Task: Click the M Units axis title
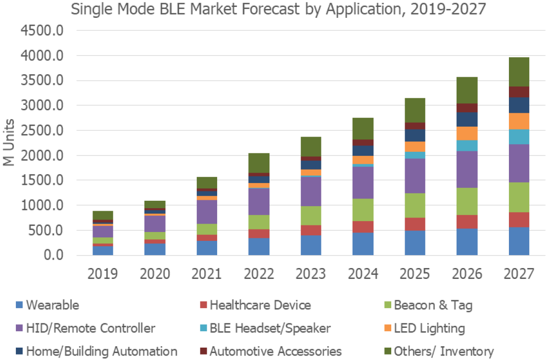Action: (9, 143)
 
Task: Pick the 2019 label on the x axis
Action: (103, 273)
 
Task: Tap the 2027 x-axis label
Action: (519, 273)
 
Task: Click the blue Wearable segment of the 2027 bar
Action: (519, 241)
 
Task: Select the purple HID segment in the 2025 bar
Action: (415, 176)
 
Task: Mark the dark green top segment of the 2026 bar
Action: (467, 90)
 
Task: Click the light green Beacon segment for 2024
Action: (363, 210)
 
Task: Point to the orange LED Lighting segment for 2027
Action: (519, 121)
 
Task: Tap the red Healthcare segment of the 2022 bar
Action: (259, 234)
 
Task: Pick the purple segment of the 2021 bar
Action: (207, 212)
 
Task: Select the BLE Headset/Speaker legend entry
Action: (270, 328)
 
